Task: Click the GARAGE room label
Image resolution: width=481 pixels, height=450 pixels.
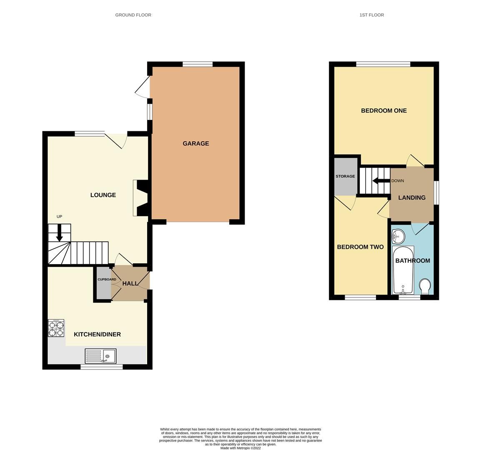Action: (195, 143)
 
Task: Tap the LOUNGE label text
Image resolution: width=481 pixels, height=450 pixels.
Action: (103, 195)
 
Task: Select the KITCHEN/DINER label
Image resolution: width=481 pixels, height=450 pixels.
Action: (97, 334)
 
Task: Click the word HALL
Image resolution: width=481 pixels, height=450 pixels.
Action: (130, 283)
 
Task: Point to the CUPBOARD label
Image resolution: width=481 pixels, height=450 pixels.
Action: (107, 279)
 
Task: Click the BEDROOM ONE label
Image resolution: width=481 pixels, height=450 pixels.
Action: (383, 110)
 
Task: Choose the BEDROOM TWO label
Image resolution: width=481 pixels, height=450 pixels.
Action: (360, 247)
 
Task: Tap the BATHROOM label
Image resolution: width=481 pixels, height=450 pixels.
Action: (412, 260)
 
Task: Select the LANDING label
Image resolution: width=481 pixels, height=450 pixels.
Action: (412, 197)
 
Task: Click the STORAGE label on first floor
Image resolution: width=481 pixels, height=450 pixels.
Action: (345, 176)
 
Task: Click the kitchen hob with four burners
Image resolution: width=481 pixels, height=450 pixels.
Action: (56, 328)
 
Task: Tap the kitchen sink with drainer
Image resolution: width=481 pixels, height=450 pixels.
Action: (100, 356)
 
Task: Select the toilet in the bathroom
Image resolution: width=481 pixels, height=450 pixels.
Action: (425, 286)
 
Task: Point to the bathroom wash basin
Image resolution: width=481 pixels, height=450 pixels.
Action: (398, 237)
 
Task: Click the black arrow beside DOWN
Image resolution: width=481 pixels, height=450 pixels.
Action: (381, 181)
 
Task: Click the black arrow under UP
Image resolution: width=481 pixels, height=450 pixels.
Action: (59, 232)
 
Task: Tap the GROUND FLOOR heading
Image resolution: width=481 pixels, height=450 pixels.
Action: (133, 15)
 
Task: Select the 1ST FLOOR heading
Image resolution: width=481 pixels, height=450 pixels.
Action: (371, 15)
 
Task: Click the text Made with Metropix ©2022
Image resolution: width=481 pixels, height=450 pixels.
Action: (240, 448)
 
